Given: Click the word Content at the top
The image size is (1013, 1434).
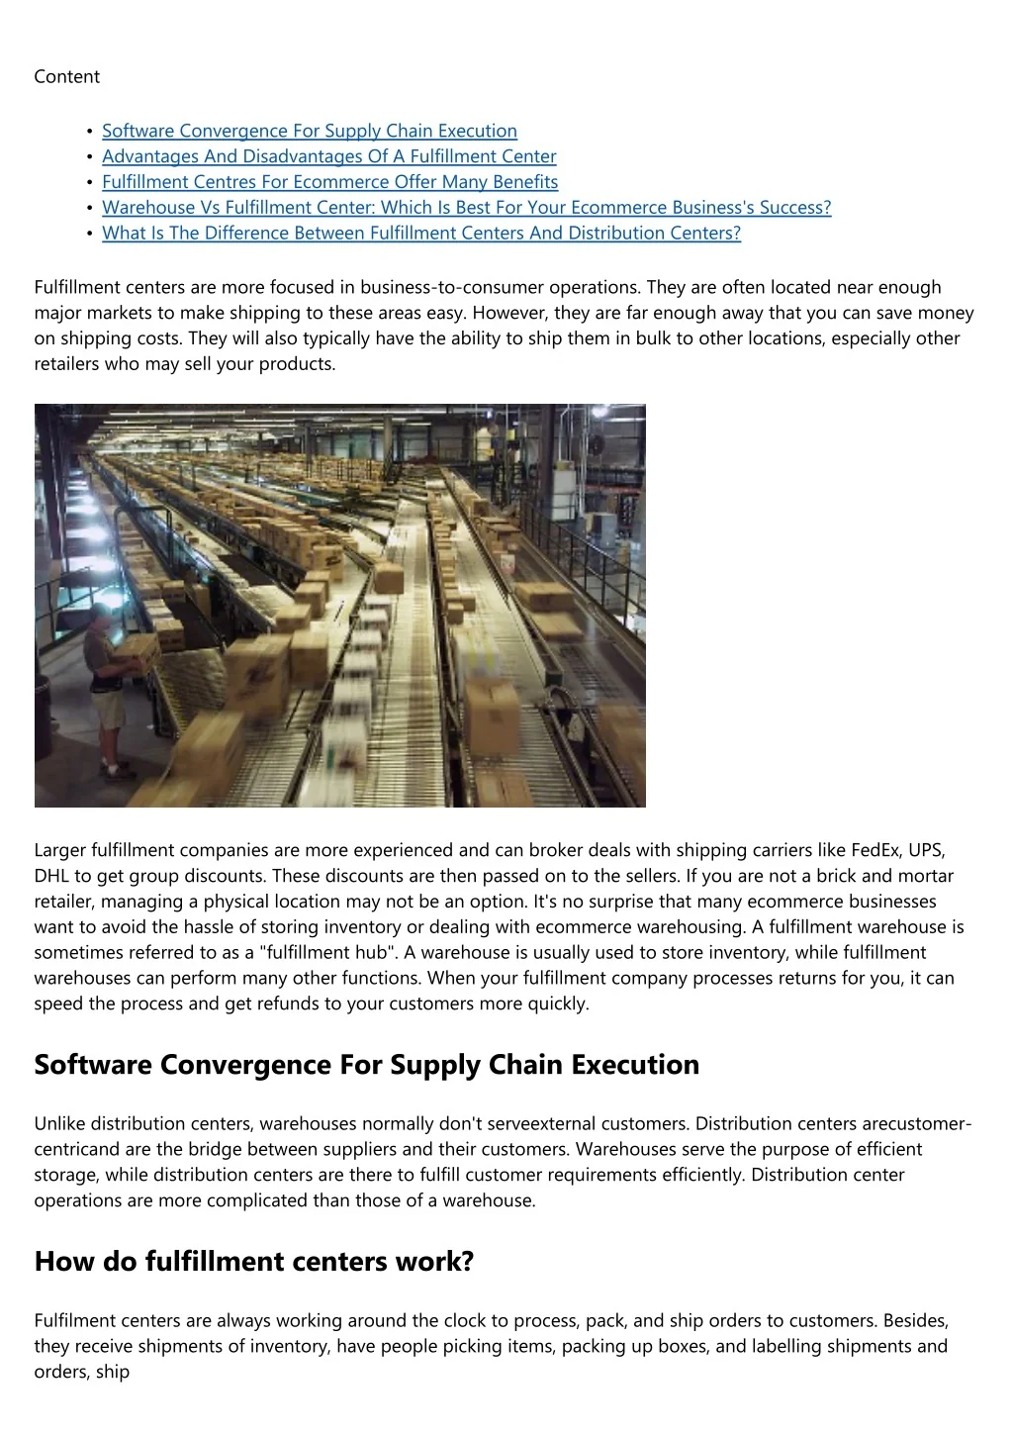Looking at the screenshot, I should tap(66, 77).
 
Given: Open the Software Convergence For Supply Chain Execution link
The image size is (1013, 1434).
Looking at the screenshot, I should tap(309, 131).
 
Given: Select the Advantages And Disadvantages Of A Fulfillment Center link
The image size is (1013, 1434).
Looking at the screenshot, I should tap(328, 156).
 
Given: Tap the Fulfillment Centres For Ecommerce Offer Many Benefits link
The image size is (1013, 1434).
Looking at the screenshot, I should tap(329, 182).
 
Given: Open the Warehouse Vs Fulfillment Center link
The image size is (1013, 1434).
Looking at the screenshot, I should tap(466, 208).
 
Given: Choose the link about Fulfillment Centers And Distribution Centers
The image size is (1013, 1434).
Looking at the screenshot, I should tap(420, 234).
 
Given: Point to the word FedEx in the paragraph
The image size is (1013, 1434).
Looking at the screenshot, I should tap(874, 850).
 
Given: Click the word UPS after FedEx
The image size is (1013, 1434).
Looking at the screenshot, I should tap(926, 850).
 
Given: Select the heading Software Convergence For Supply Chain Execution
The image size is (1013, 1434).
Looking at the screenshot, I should tap(366, 1065).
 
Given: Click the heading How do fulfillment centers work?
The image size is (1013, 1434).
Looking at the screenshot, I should tap(254, 1262).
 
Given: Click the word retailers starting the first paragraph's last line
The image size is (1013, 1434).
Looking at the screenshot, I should tap(66, 364).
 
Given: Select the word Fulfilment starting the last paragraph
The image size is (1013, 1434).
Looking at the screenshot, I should tap(72, 1321).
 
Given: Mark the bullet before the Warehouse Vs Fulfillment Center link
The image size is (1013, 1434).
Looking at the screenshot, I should tap(90, 209).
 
